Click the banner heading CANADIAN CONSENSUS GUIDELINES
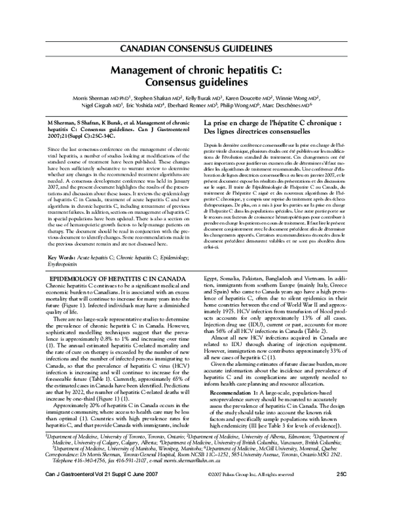point(196,49)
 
